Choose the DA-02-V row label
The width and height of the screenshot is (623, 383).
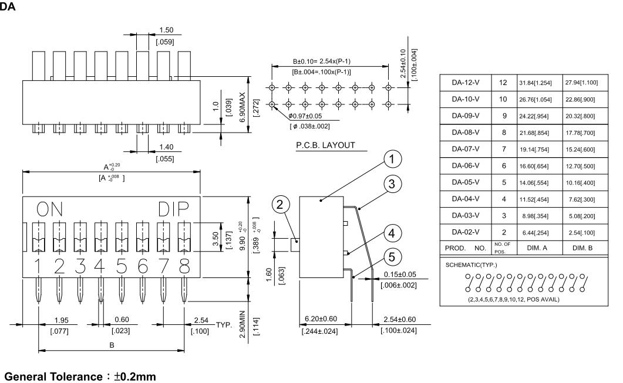(x=466, y=232)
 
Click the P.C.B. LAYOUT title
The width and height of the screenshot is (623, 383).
(x=326, y=145)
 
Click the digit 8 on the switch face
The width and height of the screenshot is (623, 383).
(x=184, y=266)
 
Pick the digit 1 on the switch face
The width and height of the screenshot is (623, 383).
(x=38, y=266)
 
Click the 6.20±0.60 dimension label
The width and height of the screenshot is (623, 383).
(x=322, y=318)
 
